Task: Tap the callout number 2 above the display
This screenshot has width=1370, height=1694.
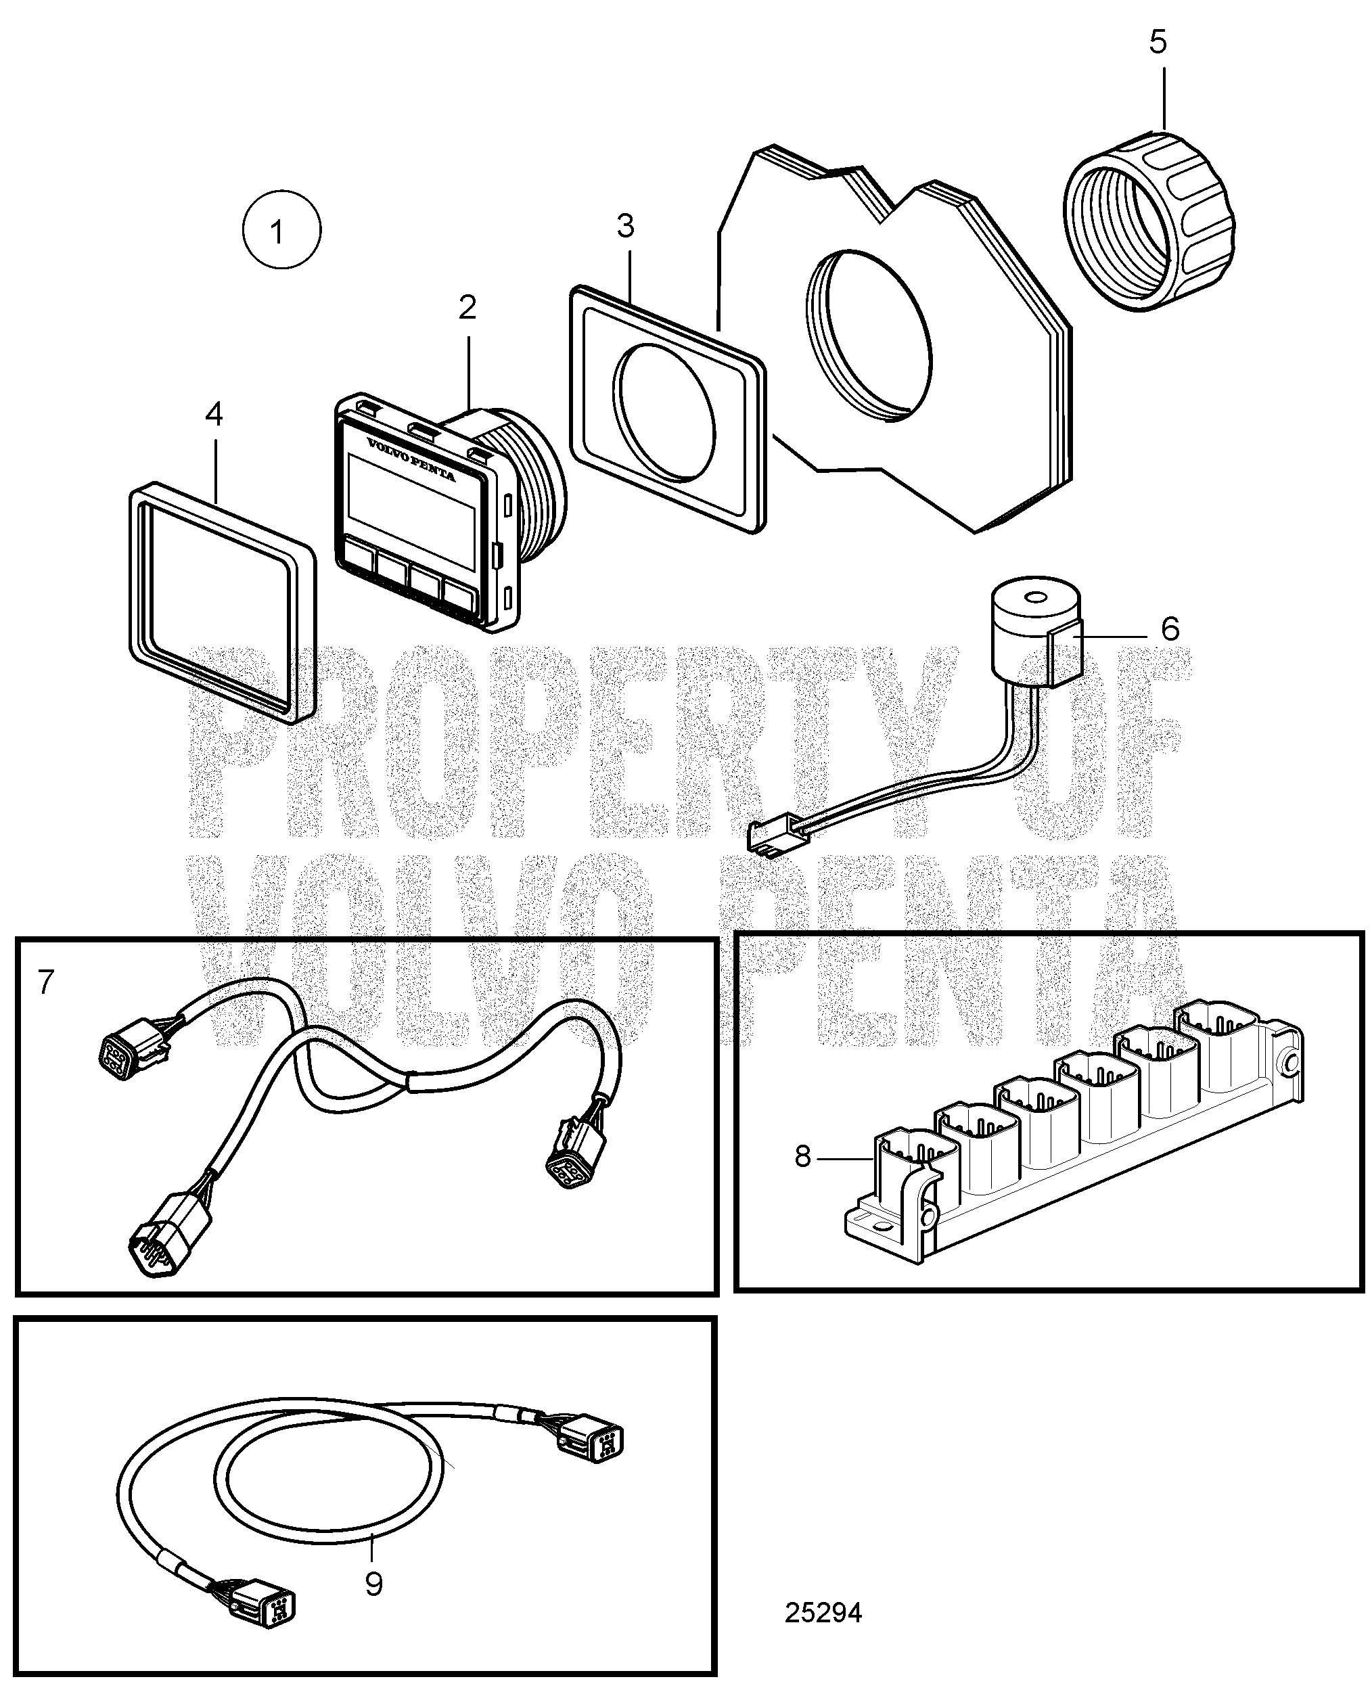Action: pyautogui.click(x=467, y=308)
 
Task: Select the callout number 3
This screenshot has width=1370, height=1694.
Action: pyautogui.click(x=625, y=227)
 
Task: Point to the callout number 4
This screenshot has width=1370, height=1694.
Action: pyautogui.click(x=214, y=414)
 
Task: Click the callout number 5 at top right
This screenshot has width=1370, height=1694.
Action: pyautogui.click(x=1158, y=43)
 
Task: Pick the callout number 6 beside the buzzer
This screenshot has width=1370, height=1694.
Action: pyautogui.click(x=1170, y=629)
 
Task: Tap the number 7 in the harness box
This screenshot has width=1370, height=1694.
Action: pyautogui.click(x=46, y=983)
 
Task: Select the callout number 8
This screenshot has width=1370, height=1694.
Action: pyautogui.click(x=802, y=1157)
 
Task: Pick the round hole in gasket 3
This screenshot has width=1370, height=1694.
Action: pyautogui.click(x=667, y=412)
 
